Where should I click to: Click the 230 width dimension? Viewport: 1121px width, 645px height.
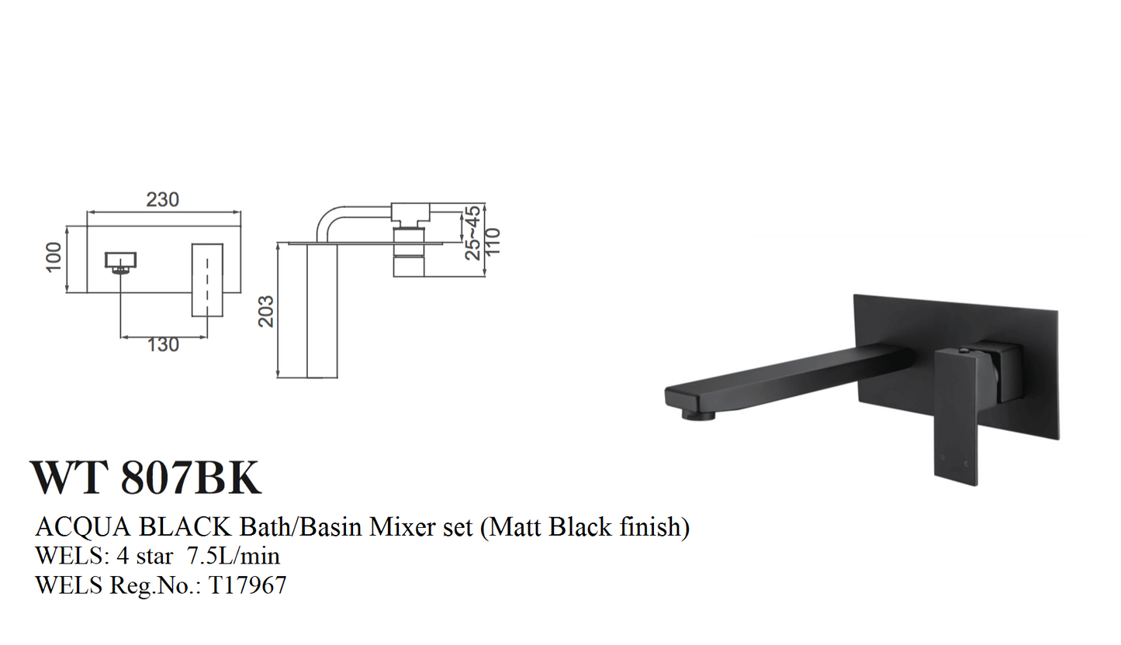162,199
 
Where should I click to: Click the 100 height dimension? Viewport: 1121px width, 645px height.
54,257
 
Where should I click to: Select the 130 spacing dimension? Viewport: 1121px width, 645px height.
163,345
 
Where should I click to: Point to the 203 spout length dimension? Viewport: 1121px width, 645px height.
266,310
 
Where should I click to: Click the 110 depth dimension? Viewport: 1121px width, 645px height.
493,241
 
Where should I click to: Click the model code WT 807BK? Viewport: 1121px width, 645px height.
146,478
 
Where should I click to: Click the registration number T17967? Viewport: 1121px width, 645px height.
246,585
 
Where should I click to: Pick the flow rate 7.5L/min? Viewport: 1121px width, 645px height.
234,556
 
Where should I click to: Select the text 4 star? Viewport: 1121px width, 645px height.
137,556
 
